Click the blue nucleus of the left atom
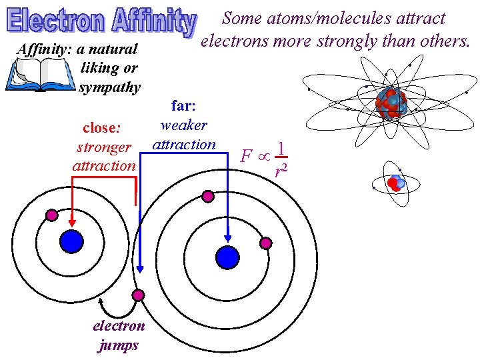(x=71, y=241)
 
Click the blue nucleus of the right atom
(x=228, y=257)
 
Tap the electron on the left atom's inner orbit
(x=51, y=215)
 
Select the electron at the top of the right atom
(x=208, y=196)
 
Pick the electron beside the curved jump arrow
(x=138, y=295)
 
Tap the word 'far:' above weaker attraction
(x=183, y=105)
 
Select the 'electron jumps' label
(x=118, y=335)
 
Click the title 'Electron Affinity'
(x=102, y=23)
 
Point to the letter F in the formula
(x=246, y=157)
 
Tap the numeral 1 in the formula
(x=282, y=148)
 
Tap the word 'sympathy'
(x=109, y=87)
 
